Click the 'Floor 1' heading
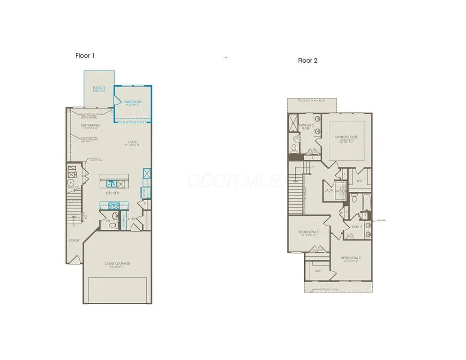[85, 55]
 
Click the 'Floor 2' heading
[308, 60]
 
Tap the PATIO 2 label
[99, 88]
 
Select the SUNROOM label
[133, 102]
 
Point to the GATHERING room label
[90, 125]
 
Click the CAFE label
[133, 142]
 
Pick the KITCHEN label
[112, 193]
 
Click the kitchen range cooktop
[113, 205]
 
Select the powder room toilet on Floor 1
[113, 225]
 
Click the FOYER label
[74, 240]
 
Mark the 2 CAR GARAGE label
[117, 263]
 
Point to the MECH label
[73, 187]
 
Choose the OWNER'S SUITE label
[346, 137]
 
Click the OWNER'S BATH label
[306, 127]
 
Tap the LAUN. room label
[329, 191]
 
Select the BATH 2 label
[357, 227]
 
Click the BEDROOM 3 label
[309, 232]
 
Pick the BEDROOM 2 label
[351, 258]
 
